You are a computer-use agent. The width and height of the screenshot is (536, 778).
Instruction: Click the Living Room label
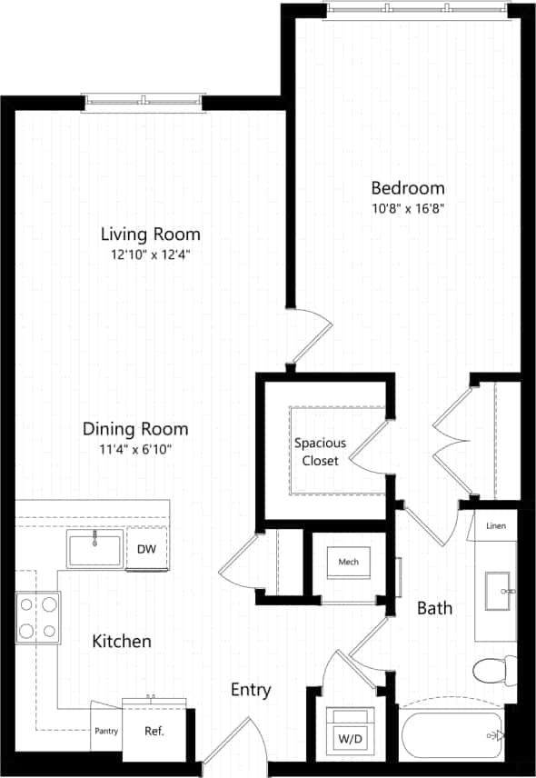(x=150, y=234)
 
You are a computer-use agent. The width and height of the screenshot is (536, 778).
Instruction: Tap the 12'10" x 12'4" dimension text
(x=150, y=254)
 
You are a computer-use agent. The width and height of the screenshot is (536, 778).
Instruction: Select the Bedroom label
(x=408, y=188)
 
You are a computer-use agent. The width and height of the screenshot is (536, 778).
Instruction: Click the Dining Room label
(x=135, y=429)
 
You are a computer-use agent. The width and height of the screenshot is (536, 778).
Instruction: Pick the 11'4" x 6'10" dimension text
(x=135, y=449)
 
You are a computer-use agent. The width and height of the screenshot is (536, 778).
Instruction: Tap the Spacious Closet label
(x=319, y=452)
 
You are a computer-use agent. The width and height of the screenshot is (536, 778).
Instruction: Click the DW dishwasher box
(x=146, y=549)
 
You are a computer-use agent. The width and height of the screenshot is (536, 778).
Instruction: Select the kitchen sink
(x=94, y=550)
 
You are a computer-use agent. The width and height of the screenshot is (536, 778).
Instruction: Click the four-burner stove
(x=37, y=617)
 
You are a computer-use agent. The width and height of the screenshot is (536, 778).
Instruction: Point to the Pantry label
(x=106, y=731)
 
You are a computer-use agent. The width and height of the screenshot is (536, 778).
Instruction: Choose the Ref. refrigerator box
(x=154, y=730)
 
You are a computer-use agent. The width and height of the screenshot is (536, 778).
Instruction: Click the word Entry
(x=251, y=690)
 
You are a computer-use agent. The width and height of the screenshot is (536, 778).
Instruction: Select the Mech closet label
(x=349, y=562)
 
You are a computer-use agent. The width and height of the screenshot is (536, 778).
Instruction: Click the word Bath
(x=435, y=607)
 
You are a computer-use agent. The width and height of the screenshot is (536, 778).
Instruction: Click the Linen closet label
(x=496, y=526)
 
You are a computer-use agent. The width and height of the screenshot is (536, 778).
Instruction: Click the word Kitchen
(x=122, y=642)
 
